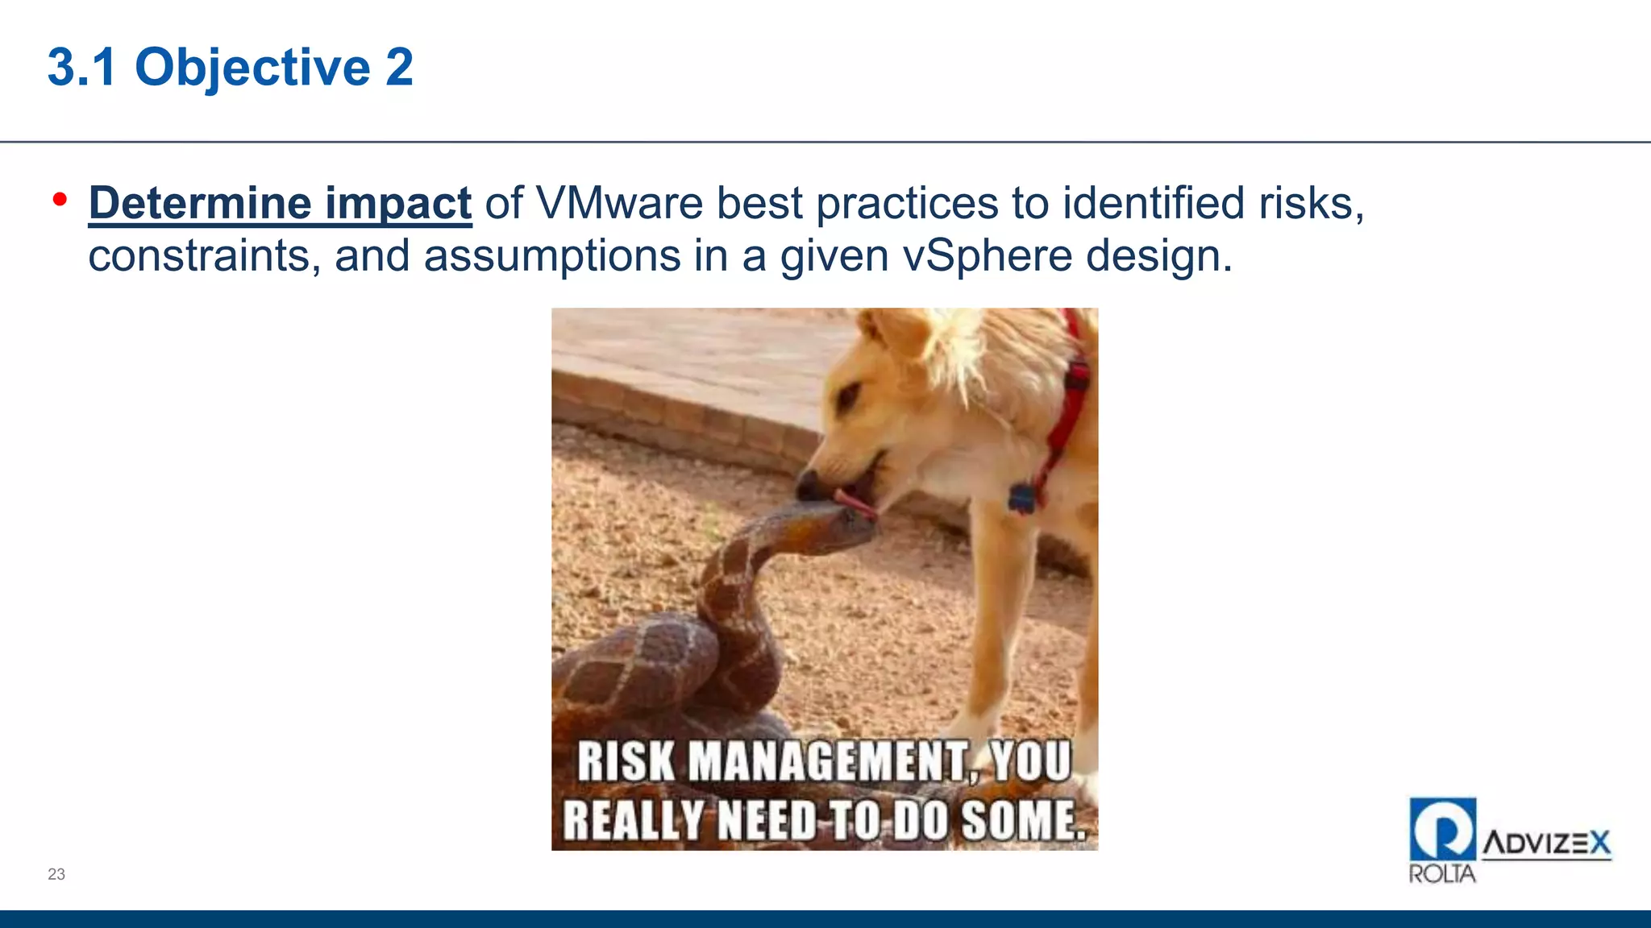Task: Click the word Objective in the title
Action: coord(252,68)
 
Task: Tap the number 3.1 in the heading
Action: coord(82,68)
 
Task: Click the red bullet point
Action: coord(60,200)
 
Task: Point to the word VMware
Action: coord(619,203)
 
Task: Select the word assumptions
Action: coord(551,256)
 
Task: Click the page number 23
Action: coord(56,874)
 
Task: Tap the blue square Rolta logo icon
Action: coord(1442,829)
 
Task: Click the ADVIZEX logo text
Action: coord(1546,843)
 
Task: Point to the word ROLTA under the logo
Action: coord(1441,874)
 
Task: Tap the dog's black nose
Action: coord(808,486)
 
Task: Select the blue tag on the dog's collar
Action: coord(1021,498)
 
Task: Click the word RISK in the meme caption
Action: coord(626,761)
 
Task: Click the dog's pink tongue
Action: coord(856,503)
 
